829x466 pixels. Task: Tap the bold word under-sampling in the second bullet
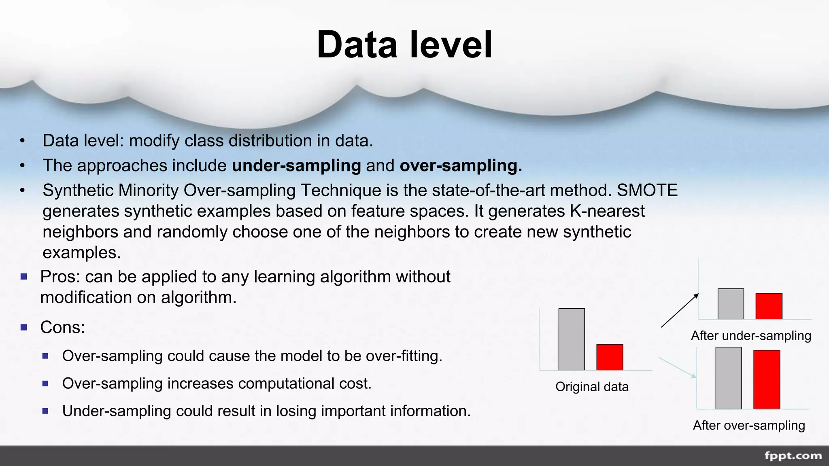(x=296, y=165)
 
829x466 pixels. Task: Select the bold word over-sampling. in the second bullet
(x=461, y=165)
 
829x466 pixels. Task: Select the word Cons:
(x=63, y=327)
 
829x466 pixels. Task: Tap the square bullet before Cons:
(x=24, y=327)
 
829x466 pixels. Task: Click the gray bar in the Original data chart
(x=572, y=339)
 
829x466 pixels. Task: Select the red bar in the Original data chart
(x=610, y=357)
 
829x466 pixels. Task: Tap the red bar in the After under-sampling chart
(x=769, y=306)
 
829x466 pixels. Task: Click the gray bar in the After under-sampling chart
(x=731, y=304)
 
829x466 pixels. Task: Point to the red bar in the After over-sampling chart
(x=767, y=379)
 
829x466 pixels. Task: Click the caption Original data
(x=592, y=387)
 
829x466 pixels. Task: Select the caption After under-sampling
(x=751, y=336)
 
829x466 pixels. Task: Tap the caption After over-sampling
(x=749, y=426)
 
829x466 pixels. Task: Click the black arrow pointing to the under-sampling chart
(x=680, y=311)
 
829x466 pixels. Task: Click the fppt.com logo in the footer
(x=793, y=456)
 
